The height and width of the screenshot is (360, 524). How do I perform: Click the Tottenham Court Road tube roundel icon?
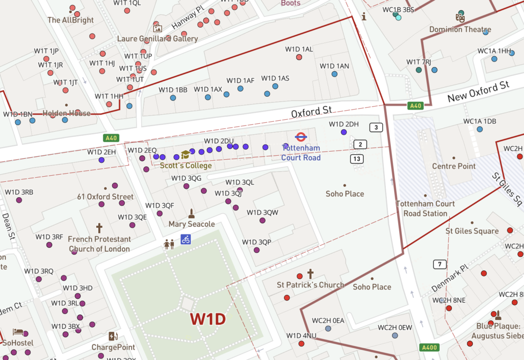(300, 137)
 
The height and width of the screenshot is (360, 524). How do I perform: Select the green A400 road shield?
(429, 348)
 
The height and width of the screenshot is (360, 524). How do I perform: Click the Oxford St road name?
(312, 111)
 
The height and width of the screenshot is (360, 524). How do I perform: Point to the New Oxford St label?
(479, 93)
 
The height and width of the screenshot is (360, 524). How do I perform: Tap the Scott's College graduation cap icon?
(185, 154)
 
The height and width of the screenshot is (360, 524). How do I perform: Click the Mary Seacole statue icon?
(191, 214)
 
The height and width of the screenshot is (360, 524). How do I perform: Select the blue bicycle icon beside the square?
(186, 239)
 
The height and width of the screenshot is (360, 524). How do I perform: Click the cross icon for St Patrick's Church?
(310, 273)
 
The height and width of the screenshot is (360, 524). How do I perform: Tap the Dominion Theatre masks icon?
(461, 17)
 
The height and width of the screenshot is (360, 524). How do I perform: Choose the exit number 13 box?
(357, 159)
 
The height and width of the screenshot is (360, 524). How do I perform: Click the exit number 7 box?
(439, 264)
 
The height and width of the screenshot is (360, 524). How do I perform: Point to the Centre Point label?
(454, 166)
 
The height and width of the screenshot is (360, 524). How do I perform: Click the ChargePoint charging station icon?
(113, 336)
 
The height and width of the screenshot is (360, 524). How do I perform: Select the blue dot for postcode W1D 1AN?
(334, 74)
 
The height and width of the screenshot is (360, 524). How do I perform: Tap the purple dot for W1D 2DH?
(343, 132)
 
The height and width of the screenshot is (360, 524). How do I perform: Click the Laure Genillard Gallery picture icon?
(157, 29)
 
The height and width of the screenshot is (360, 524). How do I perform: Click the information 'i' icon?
(364, 16)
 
